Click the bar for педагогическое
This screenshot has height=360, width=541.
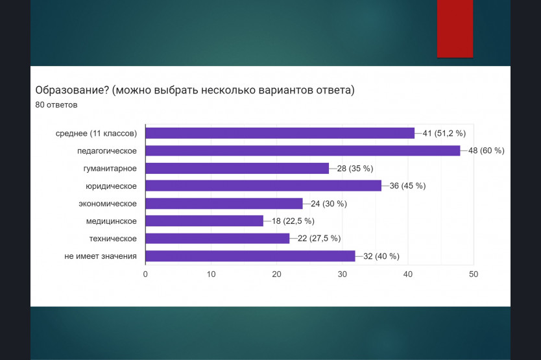[302, 150]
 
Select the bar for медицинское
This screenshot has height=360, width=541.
[204, 221]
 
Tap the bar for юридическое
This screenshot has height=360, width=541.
[263, 186]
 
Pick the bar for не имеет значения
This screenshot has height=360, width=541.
[250, 256]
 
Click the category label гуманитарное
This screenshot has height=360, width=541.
[110, 169]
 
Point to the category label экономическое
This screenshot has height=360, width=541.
[108, 204]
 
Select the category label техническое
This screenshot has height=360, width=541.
[113, 239]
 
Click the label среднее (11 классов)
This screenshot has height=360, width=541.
[96, 134]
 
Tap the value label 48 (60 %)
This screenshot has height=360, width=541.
[486, 150]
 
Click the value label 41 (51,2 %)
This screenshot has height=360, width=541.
[444, 133]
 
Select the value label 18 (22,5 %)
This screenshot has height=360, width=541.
[293, 221]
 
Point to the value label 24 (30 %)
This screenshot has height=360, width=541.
[329, 204]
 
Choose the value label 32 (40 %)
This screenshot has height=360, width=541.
[381, 256]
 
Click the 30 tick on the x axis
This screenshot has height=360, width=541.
[343, 274]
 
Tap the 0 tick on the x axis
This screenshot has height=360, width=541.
[145, 274]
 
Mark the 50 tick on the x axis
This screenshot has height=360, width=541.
[474, 274]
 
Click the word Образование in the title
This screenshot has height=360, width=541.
[72, 90]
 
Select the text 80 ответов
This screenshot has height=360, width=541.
[56, 105]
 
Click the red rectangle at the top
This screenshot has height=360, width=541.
[455, 29]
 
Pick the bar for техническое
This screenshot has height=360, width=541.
[217, 239]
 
